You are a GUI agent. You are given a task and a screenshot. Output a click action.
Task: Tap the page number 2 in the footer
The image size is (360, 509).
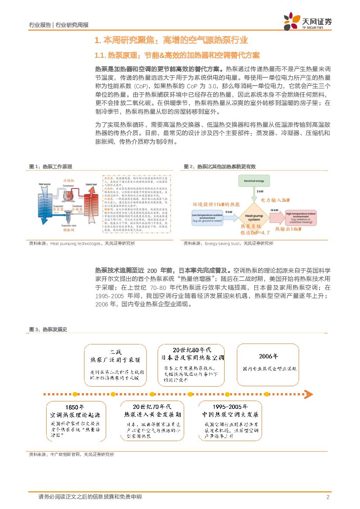[327, 497]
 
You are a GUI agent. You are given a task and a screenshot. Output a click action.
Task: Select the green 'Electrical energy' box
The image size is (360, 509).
[255, 180]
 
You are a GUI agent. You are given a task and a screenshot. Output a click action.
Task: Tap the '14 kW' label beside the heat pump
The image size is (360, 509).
[276, 211]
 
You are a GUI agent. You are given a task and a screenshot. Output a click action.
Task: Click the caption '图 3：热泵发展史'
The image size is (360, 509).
[48, 330]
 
